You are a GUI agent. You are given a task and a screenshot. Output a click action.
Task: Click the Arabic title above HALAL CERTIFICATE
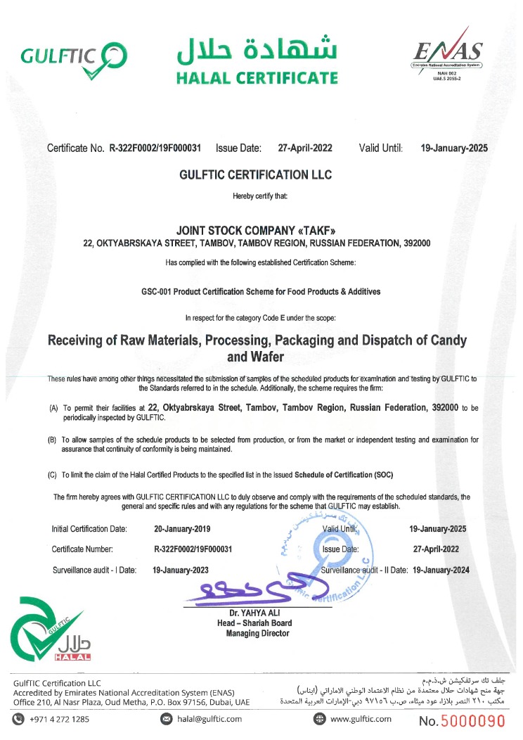257,48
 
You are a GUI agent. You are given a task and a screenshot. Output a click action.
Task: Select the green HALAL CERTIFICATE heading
257,77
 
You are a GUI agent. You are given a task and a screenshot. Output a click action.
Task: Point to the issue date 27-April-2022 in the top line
305,148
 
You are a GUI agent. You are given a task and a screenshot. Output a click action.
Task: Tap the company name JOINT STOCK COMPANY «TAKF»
256,229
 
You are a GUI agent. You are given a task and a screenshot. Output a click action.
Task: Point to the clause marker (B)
52,440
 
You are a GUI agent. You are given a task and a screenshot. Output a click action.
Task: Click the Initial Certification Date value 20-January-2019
181,528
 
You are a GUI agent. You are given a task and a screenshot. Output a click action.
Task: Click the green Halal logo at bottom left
50,632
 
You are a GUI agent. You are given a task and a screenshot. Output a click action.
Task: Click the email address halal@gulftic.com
209,719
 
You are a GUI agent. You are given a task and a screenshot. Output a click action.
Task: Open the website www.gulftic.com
360,719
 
